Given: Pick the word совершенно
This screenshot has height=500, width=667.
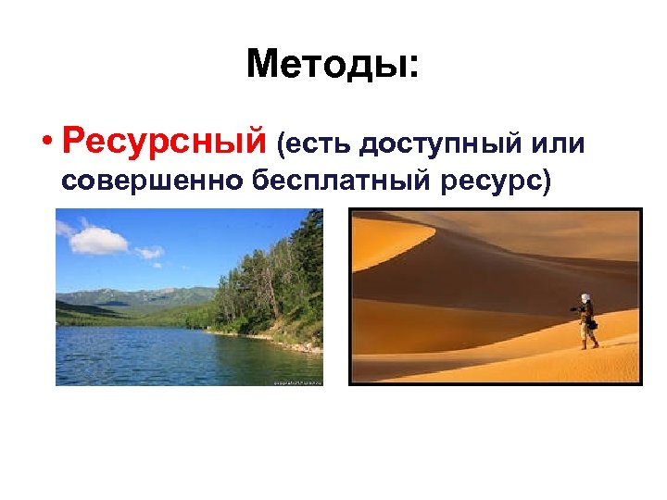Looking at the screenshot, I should (152, 181).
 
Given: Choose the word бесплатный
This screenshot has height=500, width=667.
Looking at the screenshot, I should (339, 181).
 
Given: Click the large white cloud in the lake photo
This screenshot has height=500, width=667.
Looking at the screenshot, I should (98, 240).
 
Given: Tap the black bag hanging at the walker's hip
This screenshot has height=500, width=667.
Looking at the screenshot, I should (593, 325).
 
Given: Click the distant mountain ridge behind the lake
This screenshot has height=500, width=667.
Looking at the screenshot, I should (130, 296).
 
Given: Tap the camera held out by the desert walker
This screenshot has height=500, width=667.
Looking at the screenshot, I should (573, 308).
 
